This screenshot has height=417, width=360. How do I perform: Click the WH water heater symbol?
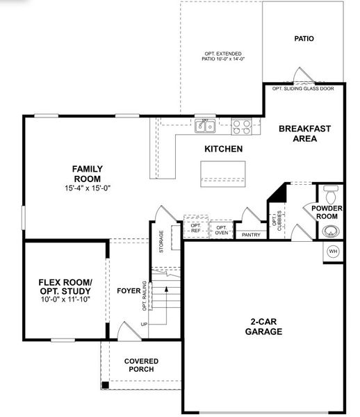[332, 251]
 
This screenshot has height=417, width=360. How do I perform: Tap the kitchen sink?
[205, 125]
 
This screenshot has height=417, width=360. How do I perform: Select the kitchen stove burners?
[241, 125]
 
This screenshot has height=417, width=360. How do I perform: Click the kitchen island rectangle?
[222, 172]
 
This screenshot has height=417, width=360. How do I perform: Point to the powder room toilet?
[330, 189]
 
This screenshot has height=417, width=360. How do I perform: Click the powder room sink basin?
[329, 231]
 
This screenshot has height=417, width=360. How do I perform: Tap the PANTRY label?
[250, 235]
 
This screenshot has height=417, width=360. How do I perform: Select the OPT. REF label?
[195, 229]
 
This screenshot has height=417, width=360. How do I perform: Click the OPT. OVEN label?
[221, 230]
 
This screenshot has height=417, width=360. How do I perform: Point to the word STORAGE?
[161, 241]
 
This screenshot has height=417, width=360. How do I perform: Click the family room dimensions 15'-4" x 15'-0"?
[88, 188]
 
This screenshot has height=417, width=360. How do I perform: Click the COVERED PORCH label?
[141, 365]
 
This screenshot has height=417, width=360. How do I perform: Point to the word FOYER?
[129, 291]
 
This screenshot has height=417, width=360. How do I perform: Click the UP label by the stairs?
[144, 325]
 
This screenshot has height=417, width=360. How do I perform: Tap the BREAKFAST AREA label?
[304, 133]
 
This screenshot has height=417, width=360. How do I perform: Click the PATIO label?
[304, 38]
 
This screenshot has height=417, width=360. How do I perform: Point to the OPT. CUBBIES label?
[277, 222]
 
